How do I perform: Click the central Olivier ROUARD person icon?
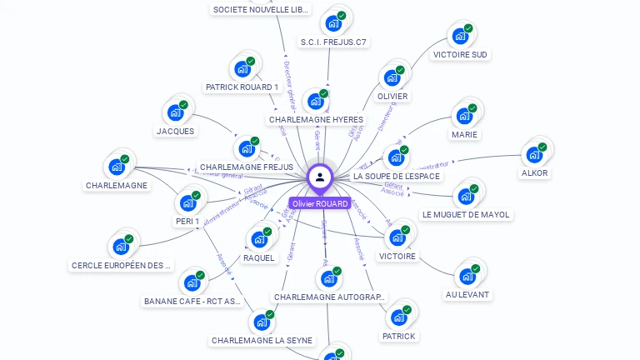pos(319,177)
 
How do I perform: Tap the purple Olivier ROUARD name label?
pos(320,203)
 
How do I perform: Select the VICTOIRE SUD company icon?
pos(457,37)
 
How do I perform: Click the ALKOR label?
pos(534,173)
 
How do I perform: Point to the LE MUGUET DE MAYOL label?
pos(466,215)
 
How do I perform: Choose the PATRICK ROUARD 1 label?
pos(242,87)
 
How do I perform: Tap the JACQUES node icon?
pos(175,112)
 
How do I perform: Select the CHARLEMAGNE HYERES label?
pos(316,120)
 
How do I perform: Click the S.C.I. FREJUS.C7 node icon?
pos(333,23)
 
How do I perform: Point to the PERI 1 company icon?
pos(187,202)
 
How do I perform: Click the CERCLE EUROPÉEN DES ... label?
pos(122,266)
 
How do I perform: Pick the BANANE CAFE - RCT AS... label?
pos(192,302)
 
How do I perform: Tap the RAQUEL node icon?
pos(259,239)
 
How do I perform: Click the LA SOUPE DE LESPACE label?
pos(397,177)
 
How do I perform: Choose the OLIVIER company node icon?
pos(392,78)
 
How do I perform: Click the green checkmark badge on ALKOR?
pos(542,147)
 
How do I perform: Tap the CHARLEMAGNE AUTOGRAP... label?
pos(330,297)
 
